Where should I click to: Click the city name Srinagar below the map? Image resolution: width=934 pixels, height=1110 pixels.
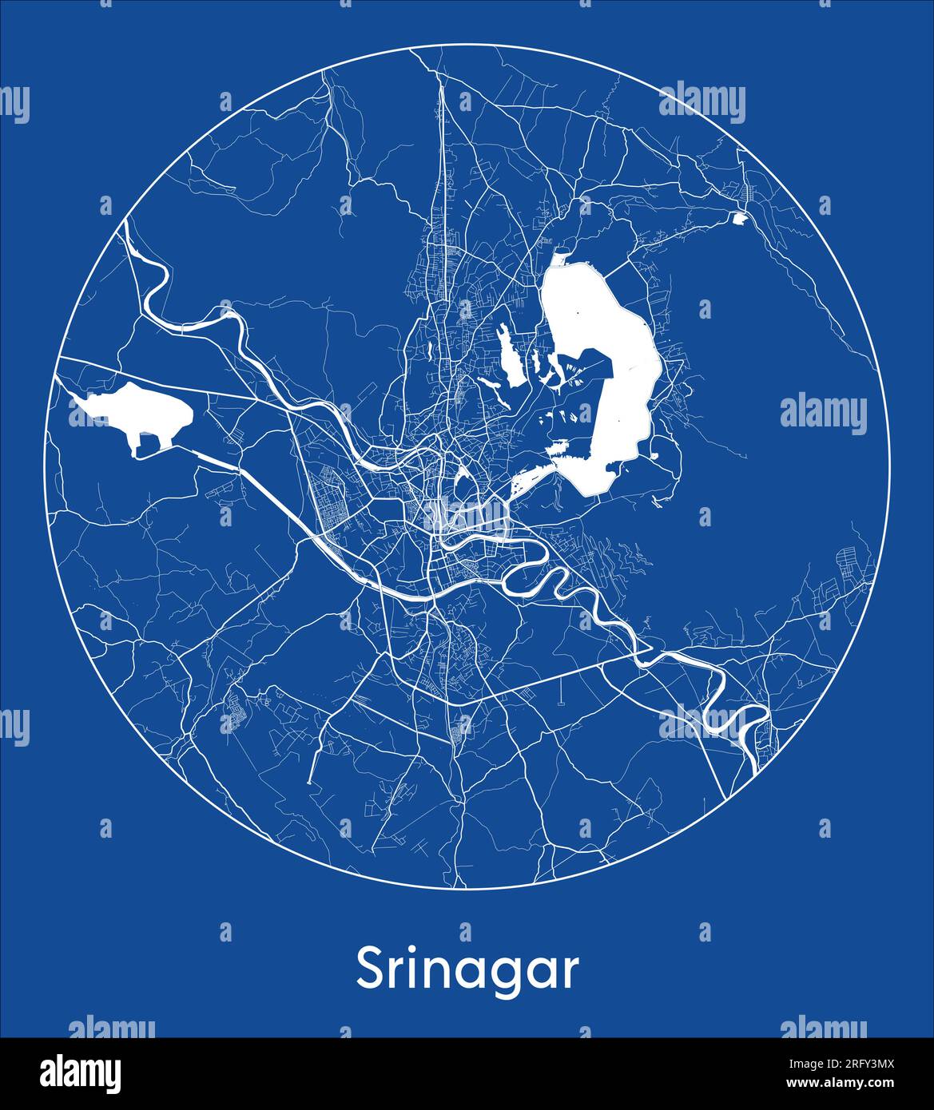pos(467,970)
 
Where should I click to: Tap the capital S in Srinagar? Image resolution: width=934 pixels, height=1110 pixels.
pos(370,969)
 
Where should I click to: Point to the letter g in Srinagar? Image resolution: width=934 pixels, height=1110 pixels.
pos(497,976)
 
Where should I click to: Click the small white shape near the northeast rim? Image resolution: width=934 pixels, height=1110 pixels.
pos(738,216)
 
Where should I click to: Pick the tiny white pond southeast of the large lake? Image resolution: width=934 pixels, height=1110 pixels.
pos(655,456)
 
